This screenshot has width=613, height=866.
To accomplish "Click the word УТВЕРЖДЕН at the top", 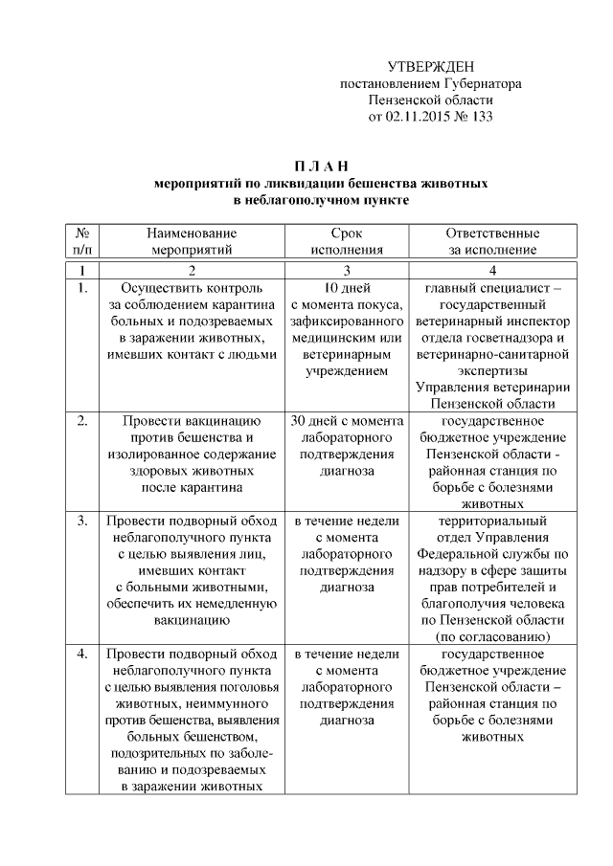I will tap(431, 66).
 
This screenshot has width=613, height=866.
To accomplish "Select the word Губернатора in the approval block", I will tap(476, 83).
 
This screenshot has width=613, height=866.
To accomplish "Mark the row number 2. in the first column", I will tap(82, 420).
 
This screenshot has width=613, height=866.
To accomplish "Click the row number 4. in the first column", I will tap(82, 654).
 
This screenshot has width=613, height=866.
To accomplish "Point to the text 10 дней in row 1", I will tap(346, 287).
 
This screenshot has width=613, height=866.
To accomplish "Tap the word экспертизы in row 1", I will tap(492, 370).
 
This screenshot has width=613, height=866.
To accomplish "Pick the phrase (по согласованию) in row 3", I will tap(492, 636).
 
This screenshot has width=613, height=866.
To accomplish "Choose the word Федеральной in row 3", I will tap(462, 553).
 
